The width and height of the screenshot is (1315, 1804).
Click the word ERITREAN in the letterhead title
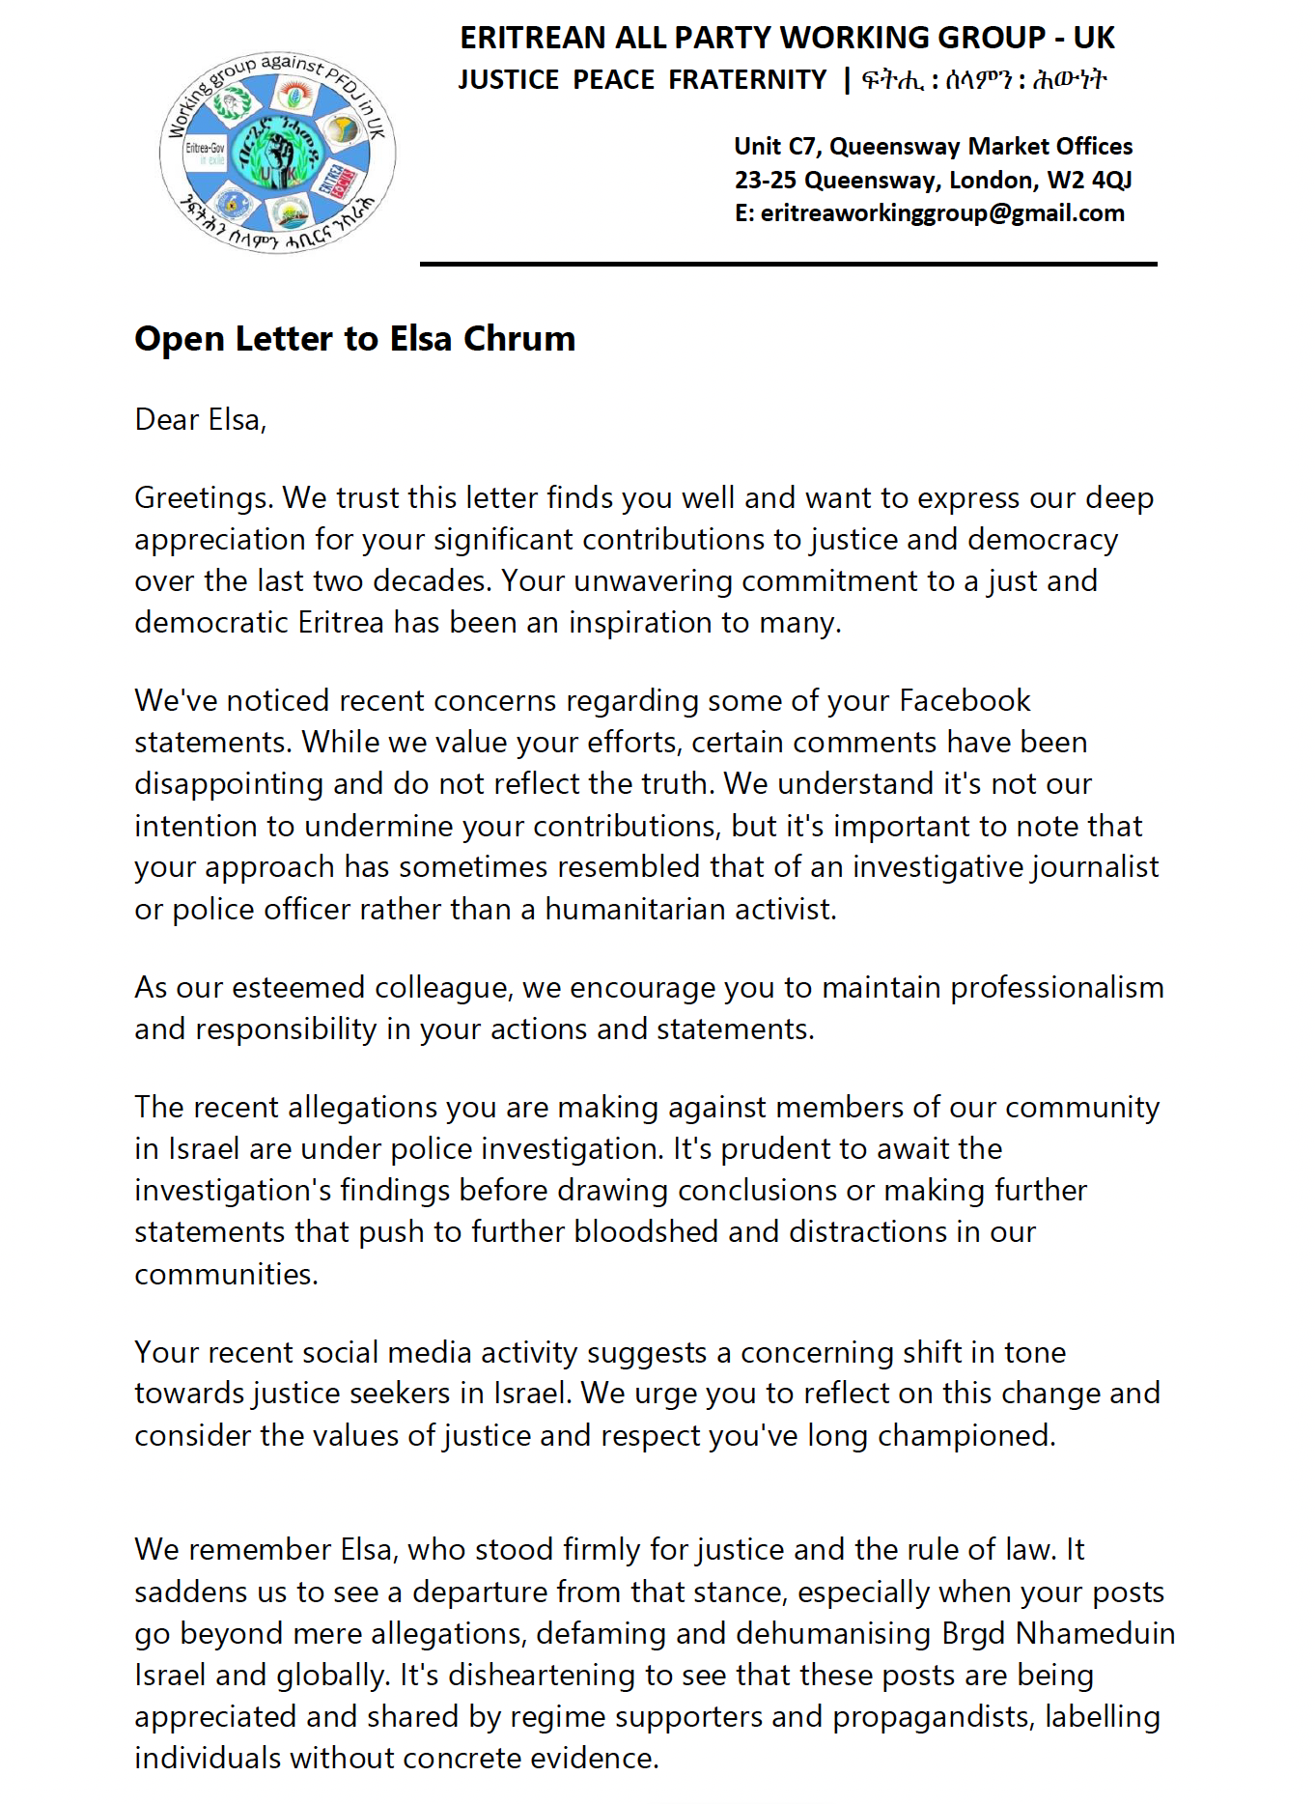click(534, 38)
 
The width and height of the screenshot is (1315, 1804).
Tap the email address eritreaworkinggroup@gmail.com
click(942, 213)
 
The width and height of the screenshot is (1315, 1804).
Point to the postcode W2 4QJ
click(1089, 181)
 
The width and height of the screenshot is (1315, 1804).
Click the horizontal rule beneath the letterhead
click(788, 264)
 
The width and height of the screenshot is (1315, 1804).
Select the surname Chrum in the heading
click(518, 339)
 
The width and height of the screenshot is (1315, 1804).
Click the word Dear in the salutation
click(166, 420)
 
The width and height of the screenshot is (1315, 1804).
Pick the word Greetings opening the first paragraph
click(204, 498)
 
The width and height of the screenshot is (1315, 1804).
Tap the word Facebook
click(965, 700)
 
